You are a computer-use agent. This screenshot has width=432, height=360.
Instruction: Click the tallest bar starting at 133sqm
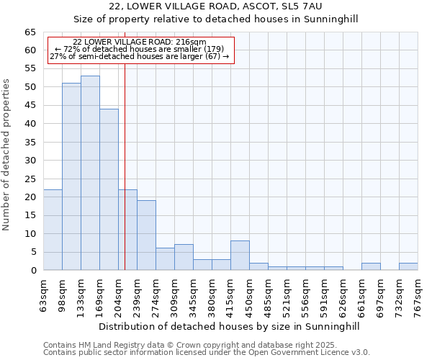90,173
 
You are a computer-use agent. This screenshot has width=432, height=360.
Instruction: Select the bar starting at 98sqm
71,176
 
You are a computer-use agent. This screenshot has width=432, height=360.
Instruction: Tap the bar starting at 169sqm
109,189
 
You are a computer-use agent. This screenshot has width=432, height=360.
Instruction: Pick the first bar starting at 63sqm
53,230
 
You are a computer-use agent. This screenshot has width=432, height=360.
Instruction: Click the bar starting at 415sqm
240,255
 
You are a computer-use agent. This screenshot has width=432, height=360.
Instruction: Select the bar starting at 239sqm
146,235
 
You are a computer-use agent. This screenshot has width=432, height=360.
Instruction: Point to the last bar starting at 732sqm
408,266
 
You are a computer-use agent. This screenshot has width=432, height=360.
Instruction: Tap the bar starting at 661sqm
371,266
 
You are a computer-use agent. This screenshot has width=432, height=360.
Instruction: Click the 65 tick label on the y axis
30,32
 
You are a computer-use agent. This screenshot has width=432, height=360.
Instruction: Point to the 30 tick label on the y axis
30,161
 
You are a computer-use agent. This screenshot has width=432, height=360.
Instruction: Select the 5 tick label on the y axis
33,252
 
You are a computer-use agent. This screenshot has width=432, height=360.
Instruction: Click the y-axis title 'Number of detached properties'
7,155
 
